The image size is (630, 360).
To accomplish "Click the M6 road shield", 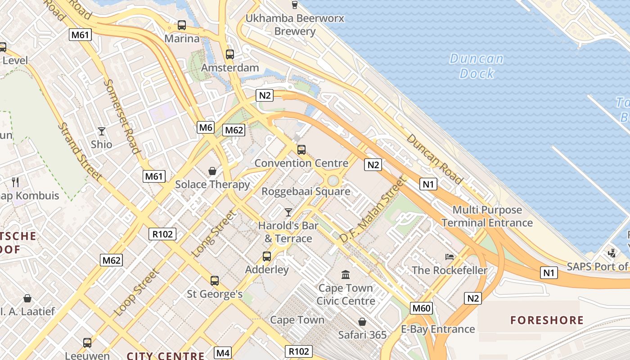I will [x=206, y=127].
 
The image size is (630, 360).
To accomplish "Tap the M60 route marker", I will [x=422, y=308].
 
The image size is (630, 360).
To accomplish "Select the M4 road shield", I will [x=223, y=353].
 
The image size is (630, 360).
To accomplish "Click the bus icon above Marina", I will [x=182, y=25].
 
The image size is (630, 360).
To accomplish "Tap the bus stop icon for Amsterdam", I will [x=230, y=54].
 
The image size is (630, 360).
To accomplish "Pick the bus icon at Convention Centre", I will [x=301, y=150].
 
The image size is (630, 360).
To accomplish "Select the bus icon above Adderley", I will [x=267, y=256].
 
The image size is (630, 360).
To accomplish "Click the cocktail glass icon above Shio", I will [x=102, y=131].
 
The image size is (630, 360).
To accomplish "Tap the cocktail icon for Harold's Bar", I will [x=288, y=212].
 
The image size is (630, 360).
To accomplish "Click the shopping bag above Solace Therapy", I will [x=212, y=171].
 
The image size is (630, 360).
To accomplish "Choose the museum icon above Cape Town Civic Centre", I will [x=346, y=274].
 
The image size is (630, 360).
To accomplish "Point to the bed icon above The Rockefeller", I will [x=450, y=257].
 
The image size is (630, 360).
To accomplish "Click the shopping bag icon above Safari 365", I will [x=362, y=322].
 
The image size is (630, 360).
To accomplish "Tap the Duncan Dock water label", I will [x=477, y=66].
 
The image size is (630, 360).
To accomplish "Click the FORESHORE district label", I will [x=547, y=320].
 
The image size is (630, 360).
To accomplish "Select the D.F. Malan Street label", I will [x=373, y=210].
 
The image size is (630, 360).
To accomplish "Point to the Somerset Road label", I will [x=122, y=117].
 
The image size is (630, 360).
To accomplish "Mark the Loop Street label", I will [x=136, y=292].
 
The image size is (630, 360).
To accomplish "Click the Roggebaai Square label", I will [x=306, y=191].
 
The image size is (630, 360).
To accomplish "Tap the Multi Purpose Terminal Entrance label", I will [x=487, y=216].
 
